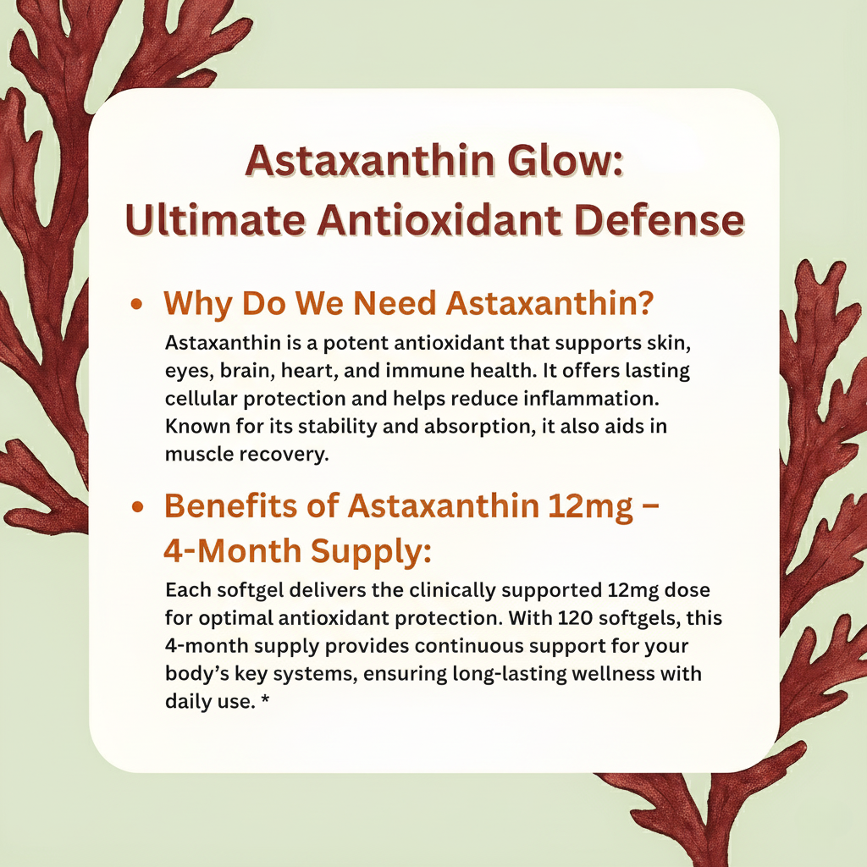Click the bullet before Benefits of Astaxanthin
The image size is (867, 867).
pos(135,507)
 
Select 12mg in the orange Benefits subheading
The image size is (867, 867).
pos(584,505)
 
